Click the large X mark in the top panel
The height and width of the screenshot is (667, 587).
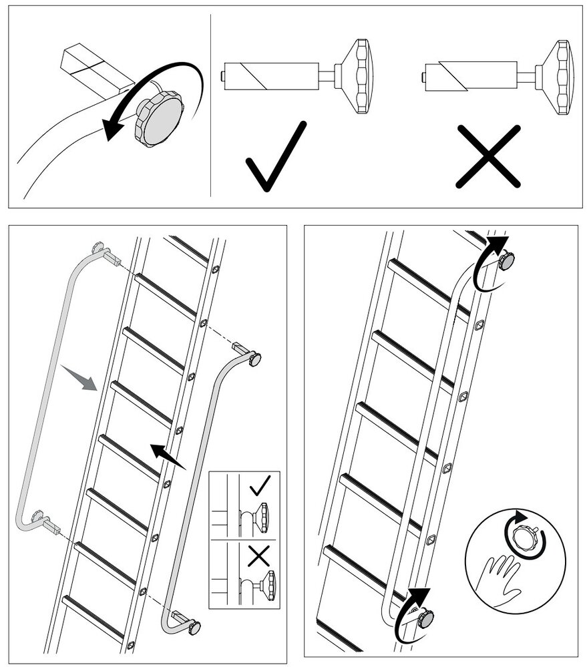click(487, 156)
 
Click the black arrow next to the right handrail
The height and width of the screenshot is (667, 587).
click(167, 455)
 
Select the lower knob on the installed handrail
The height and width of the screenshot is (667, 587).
click(425, 618)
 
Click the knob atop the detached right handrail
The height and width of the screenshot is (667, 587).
click(255, 359)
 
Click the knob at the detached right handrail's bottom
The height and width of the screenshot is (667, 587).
click(194, 628)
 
